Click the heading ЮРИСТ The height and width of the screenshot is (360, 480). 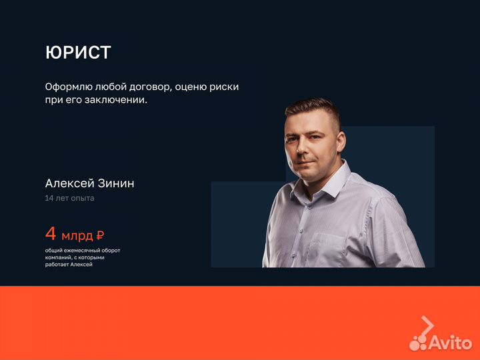78,53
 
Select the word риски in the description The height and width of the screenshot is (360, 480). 223,87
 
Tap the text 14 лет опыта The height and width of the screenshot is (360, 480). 69,198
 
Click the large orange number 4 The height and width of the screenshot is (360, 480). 51,234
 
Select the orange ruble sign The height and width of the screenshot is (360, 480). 100,235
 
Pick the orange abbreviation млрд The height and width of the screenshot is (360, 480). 77,235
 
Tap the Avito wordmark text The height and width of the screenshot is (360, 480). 451,343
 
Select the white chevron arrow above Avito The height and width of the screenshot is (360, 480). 427,325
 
